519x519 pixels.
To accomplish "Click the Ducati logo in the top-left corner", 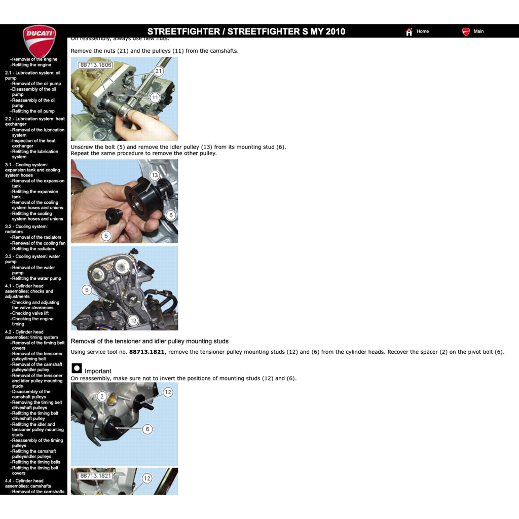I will coord(39,41).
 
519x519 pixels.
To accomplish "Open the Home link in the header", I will coord(422,31).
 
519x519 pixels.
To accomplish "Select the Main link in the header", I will coord(478,31).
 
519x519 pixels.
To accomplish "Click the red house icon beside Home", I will coord(409,32).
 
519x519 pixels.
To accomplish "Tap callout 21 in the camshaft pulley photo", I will coord(158,71).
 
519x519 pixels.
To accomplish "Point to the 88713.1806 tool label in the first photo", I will coord(95,65).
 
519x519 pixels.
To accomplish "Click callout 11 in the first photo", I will coord(155,97).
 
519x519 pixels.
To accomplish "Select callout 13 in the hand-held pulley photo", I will coord(155,175).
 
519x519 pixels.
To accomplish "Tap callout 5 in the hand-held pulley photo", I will coord(106,236).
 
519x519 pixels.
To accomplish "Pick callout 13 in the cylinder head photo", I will coord(133,320).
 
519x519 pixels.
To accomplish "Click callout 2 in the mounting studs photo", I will coord(102,396).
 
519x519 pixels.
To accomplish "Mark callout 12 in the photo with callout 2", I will coord(168,392).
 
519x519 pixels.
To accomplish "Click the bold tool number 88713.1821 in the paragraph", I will coord(147,352).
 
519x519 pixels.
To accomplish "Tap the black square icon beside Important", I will coord(77,368).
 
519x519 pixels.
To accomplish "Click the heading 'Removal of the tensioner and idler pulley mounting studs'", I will coord(150,341).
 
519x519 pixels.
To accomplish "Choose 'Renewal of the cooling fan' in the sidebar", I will coord(39,243).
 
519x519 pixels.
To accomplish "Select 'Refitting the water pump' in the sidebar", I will coord(36,278).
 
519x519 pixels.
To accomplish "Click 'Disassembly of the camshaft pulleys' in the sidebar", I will coord(31,394).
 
